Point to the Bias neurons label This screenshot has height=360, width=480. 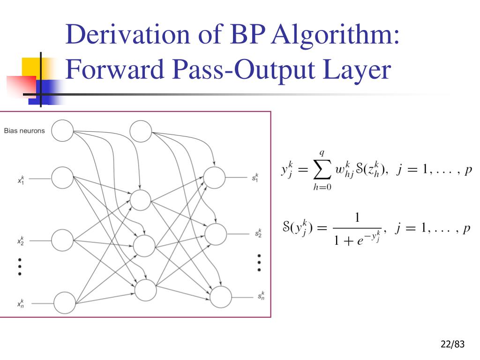(x=24, y=131)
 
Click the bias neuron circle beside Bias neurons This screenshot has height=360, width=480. (x=62, y=131)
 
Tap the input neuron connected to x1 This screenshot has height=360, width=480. (x=62, y=178)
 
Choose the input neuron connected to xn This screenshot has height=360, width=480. (x=64, y=302)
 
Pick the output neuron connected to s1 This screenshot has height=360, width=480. (x=215, y=178)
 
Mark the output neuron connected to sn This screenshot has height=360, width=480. (x=221, y=296)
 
